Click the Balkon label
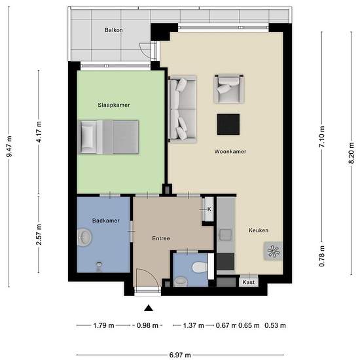tap(114, 30)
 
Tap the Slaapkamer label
tap(114, 105)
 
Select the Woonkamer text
tap(230, 152)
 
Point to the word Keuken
tap(259, 230)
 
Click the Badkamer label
tap(106, 221)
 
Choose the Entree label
tap(161, 238)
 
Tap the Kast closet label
tap(249, 282)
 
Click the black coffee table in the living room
tap(228, 124)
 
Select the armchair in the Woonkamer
tap(229, 88)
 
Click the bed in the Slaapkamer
tap(109, 137)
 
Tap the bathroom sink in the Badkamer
tap(84, 238)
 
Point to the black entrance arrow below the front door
tap(149, 308)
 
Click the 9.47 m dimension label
tap(9, 147)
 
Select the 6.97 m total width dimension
tap(180, 355)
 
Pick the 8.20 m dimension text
tap(351, 153)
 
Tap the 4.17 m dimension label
tap(39, 132)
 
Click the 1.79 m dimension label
tap(104, 325)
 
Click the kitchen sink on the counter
tap(225, 235)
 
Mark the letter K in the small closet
tap(209, 209)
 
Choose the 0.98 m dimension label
tap(147, 325)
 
